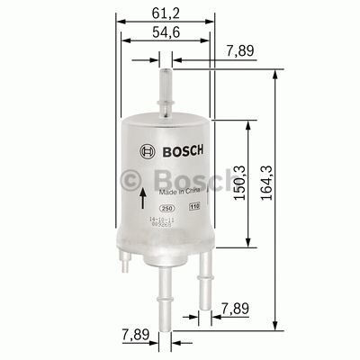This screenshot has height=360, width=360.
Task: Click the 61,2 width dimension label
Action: pyautogui.click(x=164, y=13)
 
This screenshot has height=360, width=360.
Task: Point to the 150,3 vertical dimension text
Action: pyautogui.click(x=240, y=186)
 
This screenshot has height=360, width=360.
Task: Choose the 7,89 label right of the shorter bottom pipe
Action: pyautogui.click(x=236, y=310)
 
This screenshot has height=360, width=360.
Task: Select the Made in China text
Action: pyautogui.click(x=179, y=192)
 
